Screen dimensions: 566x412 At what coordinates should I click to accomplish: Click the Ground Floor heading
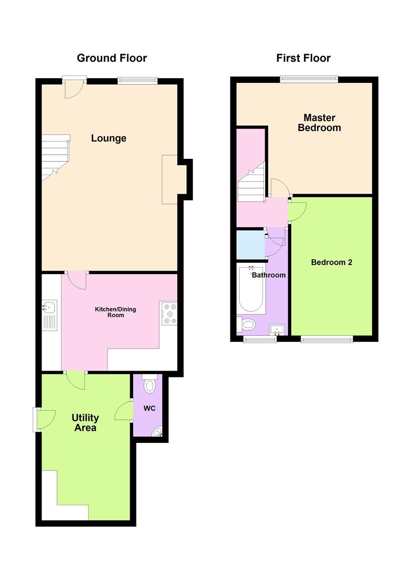point(112,58)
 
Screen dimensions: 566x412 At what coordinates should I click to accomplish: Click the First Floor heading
point(303,58)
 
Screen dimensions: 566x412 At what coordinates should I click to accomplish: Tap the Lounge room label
point(109,138)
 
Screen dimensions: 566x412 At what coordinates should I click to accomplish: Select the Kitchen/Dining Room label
point(115,312)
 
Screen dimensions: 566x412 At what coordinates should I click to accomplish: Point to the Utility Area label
point(85,423)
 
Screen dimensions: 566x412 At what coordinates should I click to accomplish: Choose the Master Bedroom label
point(319,123)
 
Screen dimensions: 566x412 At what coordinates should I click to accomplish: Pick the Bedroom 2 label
point(331,262)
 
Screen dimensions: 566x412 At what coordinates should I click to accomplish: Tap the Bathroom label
point(269,275)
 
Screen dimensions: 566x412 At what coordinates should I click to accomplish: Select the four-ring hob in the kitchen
point(169,313)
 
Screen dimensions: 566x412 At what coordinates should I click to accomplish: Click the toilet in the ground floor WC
point(150,385)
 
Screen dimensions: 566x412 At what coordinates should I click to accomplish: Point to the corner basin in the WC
point(157,431)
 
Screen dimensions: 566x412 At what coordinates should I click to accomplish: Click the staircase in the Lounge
point(55,156)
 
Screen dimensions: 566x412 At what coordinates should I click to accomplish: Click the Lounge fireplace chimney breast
point(172,179)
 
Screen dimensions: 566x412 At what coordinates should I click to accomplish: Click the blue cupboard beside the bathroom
point(250,244)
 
